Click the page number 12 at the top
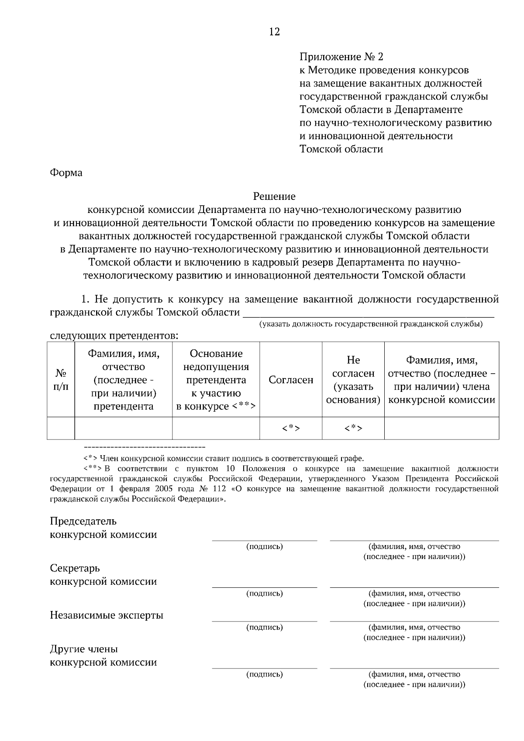point(274,32)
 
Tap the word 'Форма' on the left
point(66,173)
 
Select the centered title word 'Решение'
point(274,197)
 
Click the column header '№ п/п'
point(61,380)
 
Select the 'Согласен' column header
point(291,380)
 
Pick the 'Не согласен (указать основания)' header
point(353,380)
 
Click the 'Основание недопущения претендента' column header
point(216,380)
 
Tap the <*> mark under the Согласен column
point(291,429)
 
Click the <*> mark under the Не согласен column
point(353,429)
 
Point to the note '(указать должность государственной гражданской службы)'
point(371,324)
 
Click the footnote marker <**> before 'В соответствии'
point(93,469)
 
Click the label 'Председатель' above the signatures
point(83,521)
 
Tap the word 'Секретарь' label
point(75,569)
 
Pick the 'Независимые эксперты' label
point(107,616)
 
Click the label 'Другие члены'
point(84,649)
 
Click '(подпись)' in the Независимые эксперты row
point(265,628)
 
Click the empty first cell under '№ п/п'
point(61,428)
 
